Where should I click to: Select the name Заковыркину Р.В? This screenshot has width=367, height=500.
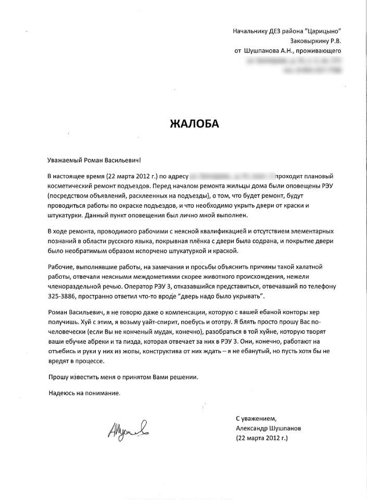[315, 41]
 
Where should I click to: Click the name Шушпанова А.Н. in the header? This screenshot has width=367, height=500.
[270, 51]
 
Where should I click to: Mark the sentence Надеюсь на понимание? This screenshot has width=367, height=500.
[84, 393]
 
